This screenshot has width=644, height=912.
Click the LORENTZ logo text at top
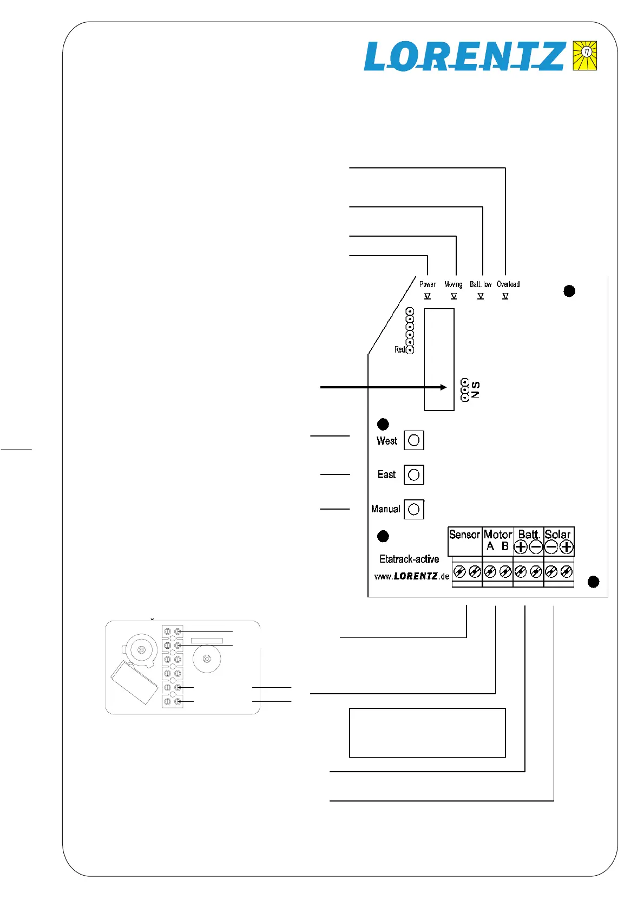coord(464,56)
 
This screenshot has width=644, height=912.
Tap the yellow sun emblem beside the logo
coord(585,55)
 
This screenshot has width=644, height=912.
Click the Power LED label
coord(427,284)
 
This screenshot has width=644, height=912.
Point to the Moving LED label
coord(453,284)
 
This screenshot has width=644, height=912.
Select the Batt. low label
coord(481,284)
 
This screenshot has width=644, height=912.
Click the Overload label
coord(508,284)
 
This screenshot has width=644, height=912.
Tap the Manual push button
coord(414,509)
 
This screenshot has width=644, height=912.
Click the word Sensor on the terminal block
coord(464,535)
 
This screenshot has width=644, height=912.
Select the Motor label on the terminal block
coord(498,535)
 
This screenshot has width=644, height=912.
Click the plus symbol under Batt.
coord(521,547)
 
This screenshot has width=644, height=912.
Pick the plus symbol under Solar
coord(566,547)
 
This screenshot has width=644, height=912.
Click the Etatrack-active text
coord(409,559)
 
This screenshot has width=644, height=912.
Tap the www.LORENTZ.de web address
coord(412,576)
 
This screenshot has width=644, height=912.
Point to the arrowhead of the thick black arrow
coord(444,387)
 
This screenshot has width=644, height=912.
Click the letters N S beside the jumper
coord(476,390)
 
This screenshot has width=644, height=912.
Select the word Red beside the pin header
coord(399,350)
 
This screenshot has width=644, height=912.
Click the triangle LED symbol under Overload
coord(505,296)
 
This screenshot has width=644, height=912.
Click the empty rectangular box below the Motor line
coord(427,732)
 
